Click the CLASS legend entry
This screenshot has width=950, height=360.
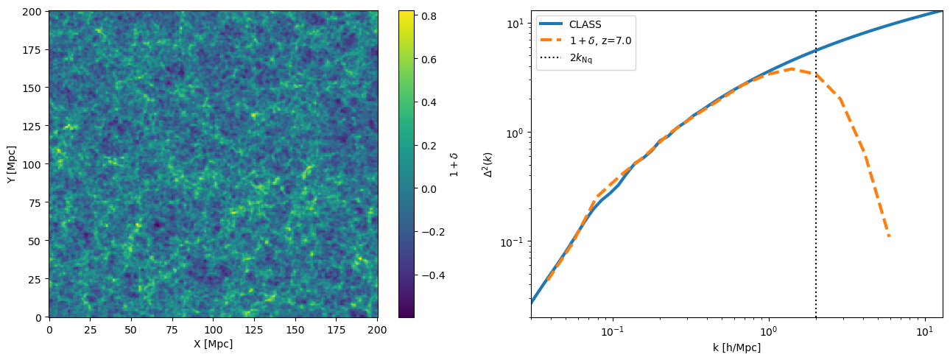click(571, 24)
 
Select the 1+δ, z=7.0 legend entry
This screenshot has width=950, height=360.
click(585, 40)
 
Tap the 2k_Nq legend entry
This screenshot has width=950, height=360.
click(566, 58)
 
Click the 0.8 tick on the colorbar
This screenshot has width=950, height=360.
click(429, 16)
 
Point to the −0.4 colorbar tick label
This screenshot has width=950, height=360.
click(433, 275)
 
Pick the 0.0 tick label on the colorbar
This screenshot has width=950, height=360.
click(429, 189)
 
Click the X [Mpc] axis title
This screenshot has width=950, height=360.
click(214, 344)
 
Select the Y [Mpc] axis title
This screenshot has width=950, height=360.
click(12, 164)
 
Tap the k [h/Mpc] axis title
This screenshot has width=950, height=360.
click(736, 348)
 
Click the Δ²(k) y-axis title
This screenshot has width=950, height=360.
click(488, 164)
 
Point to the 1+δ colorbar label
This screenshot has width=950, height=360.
click(454, 164)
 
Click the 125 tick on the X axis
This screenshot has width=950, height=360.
click(254, 330)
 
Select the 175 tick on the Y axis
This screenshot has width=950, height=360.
click(32, 50)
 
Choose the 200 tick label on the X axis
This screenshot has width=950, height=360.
click(378, 330)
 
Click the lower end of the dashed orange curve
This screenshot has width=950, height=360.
click(889, 236)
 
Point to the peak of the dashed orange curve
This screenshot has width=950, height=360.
click(792, 68)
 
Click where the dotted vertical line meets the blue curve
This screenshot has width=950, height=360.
click(815, 51)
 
